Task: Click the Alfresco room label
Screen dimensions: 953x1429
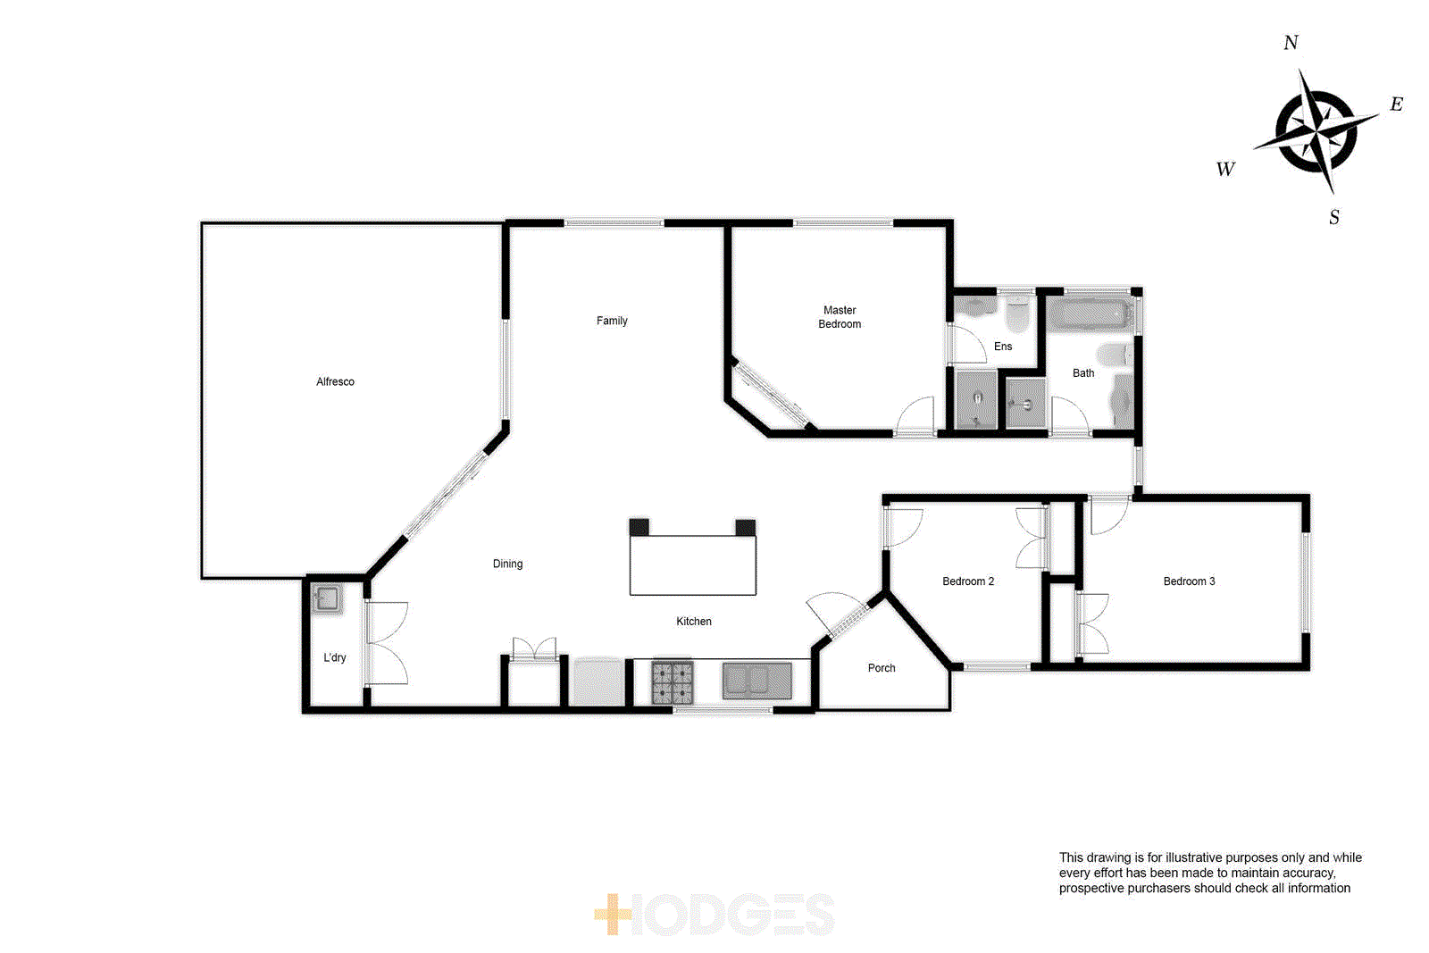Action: coord(335,381)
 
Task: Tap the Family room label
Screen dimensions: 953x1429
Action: coord(612,321)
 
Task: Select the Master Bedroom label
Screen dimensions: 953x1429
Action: coord(840,317)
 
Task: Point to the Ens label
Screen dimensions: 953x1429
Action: coord(1003,347)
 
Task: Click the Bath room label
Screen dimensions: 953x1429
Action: coord(1083,373)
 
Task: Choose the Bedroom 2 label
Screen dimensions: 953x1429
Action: coord(968,581)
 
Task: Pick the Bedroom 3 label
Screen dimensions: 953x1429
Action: coord(1189,581)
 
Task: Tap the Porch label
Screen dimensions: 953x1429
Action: coord(882,668)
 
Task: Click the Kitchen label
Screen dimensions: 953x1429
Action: coord(694,622)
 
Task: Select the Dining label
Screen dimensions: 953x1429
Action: coord(507,564)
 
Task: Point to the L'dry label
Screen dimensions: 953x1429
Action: coord(335,657)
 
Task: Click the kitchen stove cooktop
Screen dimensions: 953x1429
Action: coord(673,682)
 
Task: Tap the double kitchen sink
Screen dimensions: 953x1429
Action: coord(756,681)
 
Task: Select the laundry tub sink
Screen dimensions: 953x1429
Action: coord(326,598)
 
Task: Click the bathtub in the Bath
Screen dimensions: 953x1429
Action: coord(1090,314)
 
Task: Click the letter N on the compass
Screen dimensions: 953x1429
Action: coord(1291,43)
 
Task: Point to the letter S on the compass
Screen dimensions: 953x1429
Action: coord(1334,217)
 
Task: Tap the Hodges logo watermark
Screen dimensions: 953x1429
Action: coord(714,915)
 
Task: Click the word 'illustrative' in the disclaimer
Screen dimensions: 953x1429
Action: coord(1194,857)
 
